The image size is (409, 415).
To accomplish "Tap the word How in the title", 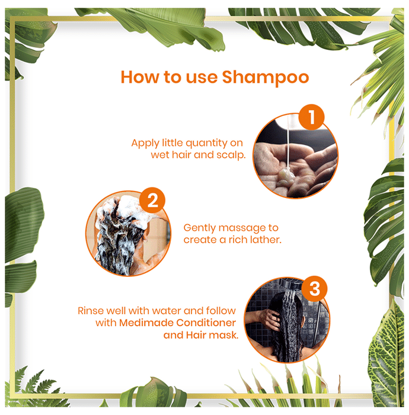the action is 140,77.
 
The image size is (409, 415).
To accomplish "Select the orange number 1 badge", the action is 311,117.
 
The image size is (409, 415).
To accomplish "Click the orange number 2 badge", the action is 152,200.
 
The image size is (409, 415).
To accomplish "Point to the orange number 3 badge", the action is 314,289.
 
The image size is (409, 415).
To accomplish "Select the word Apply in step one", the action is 145,143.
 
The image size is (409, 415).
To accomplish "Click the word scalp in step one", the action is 231,155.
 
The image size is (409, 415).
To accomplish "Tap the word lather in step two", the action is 266,240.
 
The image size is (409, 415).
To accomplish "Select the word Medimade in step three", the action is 146,323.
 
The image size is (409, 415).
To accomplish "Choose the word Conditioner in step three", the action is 206,323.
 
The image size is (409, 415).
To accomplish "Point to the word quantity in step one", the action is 206,143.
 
